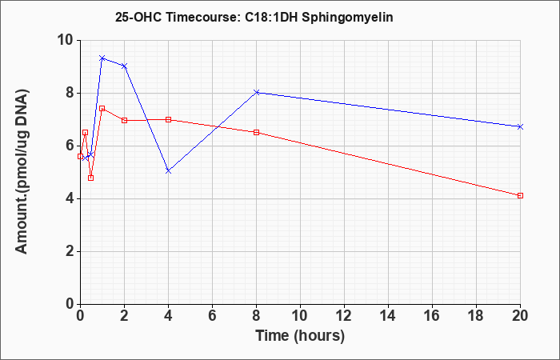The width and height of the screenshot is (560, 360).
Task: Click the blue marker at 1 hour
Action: pos(102,58)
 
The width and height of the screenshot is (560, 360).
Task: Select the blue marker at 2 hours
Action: pos(124,66)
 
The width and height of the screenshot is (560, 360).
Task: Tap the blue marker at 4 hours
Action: pos(168,171)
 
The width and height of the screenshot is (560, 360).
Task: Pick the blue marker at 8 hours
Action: pos(257,92)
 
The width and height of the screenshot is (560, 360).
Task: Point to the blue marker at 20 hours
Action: pos(520,126)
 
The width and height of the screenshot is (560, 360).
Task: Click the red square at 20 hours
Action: pos(520,195)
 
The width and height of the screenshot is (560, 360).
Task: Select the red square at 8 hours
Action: pos(257,132)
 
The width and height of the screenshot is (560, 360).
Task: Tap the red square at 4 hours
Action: pos(168,119)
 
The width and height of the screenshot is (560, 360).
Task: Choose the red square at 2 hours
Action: pos(124,120)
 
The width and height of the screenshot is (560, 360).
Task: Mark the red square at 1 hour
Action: pos(102,108)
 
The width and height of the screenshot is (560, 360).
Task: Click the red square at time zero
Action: pos(80,156)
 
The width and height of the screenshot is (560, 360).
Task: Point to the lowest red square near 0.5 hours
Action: pos(90,178)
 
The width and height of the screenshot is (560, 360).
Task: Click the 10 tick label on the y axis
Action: pos(66,40)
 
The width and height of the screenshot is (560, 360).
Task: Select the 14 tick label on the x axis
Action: pos(388,316)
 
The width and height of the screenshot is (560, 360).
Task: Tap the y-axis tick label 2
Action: pos(70,251)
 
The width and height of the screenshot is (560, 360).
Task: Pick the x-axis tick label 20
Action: pos(520,316)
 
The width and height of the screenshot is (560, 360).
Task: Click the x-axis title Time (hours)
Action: pos(300,336)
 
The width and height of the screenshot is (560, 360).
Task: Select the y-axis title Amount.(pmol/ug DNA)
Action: pos(22,171)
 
